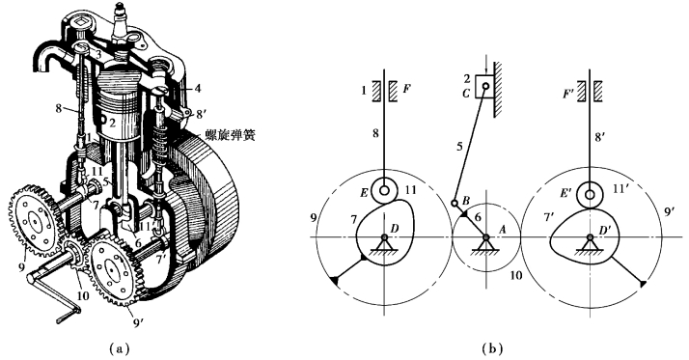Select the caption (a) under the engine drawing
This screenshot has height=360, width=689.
pyautogui.click(x=119, y=349)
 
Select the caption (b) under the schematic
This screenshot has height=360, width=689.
pyautogui.click(x=492, y=349)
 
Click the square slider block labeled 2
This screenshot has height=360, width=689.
pyautogui.click(x=485, y=86)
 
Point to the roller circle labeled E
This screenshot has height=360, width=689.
pyautogui.click(x=384, y=191)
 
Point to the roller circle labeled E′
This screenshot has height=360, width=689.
pyautogui.click(x=590, y=195)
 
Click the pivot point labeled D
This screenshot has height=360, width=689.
pyautogui.click(x=384, y=237)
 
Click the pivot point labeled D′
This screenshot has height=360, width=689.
pyautogui.click(x=590, y=237)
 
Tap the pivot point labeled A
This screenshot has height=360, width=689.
pyautogui.click(x=486, y=237)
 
